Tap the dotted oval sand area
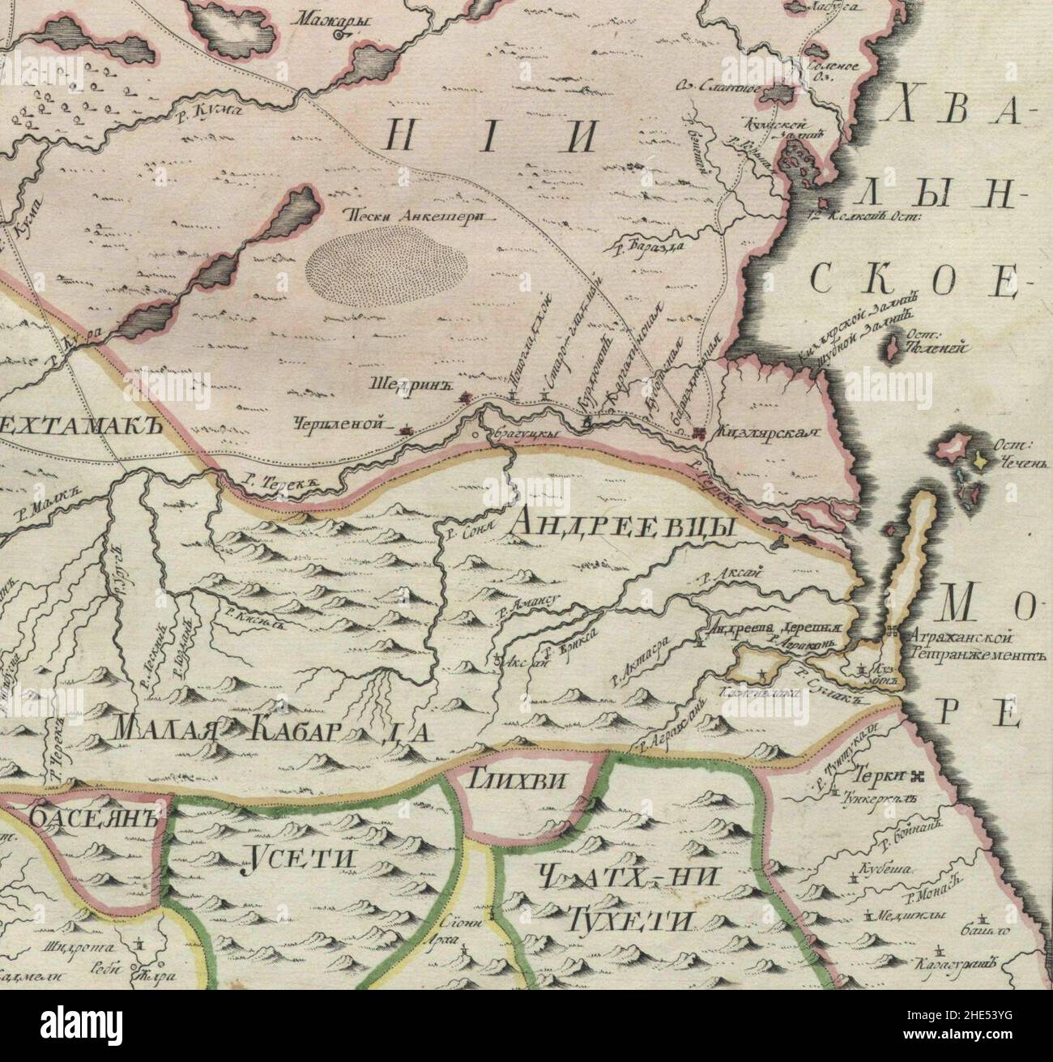[x=387, y=265]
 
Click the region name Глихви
[x=527, y=780]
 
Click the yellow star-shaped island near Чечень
[x=981, y=459]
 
